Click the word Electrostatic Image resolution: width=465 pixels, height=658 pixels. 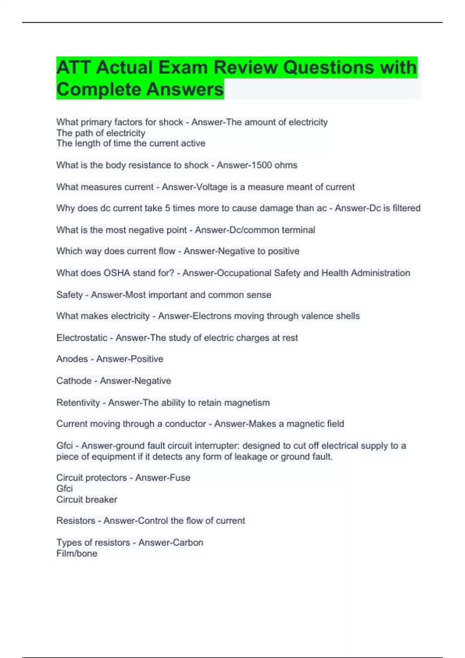click(x=82, y=338)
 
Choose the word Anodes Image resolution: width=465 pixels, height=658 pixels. click(x=72, y=359)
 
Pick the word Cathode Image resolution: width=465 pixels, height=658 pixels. click(x=74, y=381)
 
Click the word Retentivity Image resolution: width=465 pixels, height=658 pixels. click(x=78, y=403)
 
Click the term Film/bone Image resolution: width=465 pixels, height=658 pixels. click(x=77, y=553)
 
